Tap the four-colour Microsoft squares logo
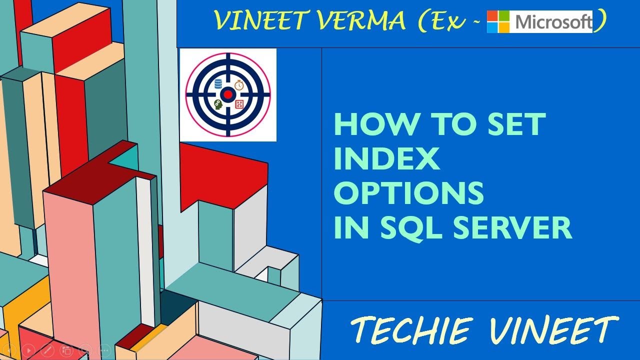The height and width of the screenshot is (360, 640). click(x=498, y=22)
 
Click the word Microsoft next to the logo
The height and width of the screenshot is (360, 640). click(x=553, y=22)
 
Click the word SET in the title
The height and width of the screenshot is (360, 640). click(x=515, y=125)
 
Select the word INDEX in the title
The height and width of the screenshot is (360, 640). click(x=386, y=159)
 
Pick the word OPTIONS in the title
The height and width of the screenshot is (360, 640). click(x=409, y=193)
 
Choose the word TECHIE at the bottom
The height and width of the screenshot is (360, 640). click(x=411, y=330)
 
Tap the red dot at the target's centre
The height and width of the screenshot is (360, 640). click(x=228, y=94)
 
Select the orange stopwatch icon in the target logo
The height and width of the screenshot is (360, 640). click(x=239, y=84)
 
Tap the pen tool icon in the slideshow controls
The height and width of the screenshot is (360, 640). click(x=47, y=350)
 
